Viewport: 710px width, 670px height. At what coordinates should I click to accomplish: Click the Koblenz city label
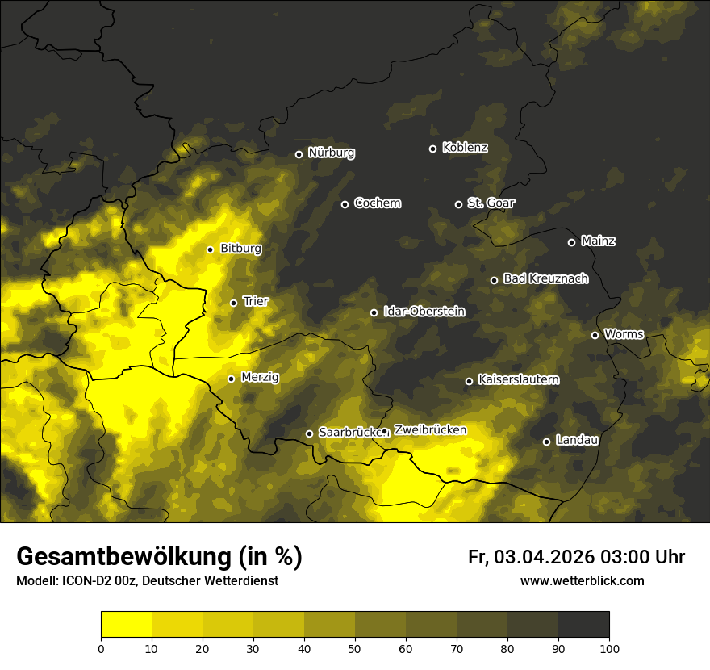point(465,148)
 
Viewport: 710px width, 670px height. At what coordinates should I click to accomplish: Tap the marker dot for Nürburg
point(299,154)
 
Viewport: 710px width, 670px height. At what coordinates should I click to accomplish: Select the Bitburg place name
point(240,249)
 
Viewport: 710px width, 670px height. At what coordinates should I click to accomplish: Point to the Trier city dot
point(234,303)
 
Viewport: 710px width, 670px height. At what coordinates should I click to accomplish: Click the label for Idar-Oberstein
point(424,312)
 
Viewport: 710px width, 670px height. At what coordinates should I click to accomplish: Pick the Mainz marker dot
point(571,242)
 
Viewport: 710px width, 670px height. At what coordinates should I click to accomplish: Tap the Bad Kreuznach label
point(545,278)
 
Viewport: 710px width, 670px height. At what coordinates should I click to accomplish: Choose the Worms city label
point(624,333)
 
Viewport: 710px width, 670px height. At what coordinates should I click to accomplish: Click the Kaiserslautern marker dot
point(469,381)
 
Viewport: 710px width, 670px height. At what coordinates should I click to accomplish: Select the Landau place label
point(577,440)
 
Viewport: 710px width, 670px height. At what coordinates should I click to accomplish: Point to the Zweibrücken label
point(430,430)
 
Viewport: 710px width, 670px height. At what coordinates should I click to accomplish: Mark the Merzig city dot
point(231,379)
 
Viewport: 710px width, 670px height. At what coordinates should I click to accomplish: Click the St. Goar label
point(491,203)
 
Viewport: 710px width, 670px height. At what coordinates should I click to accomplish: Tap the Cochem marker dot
point(345,204)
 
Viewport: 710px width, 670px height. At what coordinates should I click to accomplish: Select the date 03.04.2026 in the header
point(545,557)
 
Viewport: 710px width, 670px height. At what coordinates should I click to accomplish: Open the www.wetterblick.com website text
point(582,580)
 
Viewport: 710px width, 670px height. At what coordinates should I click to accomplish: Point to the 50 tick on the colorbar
point(355,647)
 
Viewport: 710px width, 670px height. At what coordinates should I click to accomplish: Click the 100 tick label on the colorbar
point(609,647)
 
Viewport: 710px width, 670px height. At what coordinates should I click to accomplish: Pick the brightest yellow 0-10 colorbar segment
point(126,625)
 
